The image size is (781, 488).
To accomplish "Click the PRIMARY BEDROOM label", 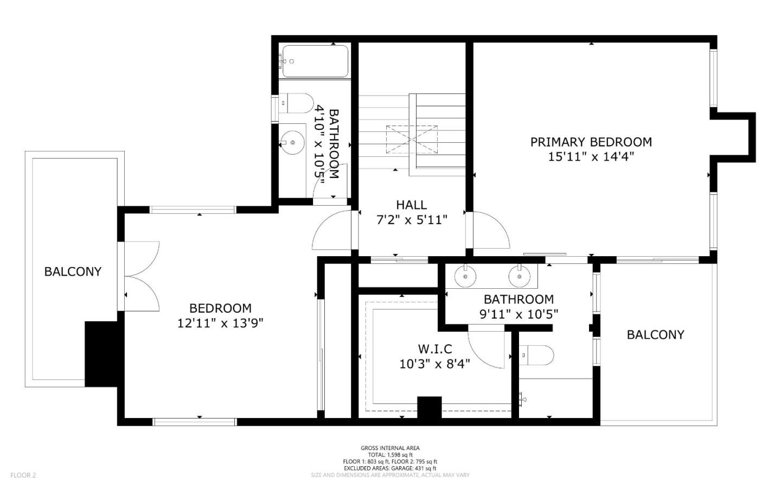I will [591, 142].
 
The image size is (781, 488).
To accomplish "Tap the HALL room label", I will [411, 205].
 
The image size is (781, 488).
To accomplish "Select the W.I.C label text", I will [434, 349].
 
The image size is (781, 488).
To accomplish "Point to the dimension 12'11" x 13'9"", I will [220, 324].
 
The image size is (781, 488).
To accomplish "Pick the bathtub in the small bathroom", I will [315, 61].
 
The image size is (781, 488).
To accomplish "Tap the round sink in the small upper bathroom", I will [292, 143].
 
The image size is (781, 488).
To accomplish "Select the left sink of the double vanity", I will [466, 276].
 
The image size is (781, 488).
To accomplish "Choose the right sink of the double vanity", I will [519, 276].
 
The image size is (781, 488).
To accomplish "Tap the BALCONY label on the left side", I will [73, 272].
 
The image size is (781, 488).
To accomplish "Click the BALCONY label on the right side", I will [655, 335].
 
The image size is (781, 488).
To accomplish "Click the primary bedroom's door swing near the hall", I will [490, 231].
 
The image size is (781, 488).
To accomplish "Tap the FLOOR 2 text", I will [23, 476].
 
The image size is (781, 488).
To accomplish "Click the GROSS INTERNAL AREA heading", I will [390, 448].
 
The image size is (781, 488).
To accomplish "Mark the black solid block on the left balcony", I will [101, 353].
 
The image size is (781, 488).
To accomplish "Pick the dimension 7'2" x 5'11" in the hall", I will [411, 220].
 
